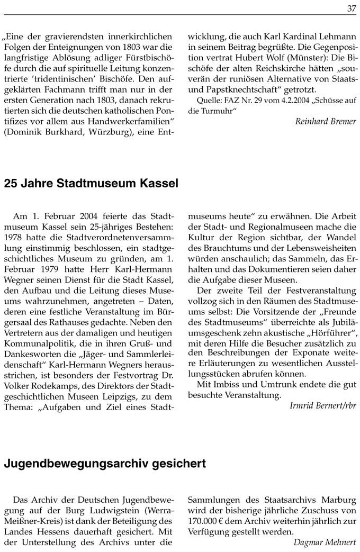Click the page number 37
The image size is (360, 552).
pos(352,8)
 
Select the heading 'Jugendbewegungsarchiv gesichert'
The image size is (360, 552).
pos(105,464)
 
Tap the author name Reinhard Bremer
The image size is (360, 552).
pos(326,122)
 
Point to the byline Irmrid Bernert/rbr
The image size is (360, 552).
pos(323,406)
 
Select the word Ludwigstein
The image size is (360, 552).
pos(112,510)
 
